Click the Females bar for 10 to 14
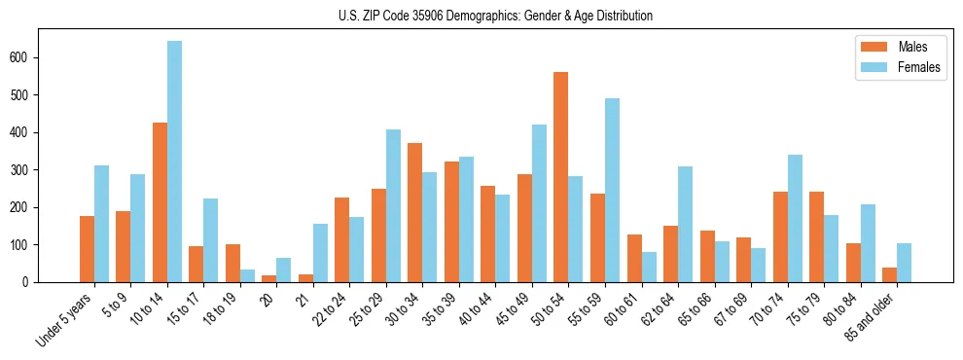(174, 162)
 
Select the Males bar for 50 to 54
(560, 177)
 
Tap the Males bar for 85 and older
(889, 274)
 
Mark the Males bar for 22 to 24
(341, 239)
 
